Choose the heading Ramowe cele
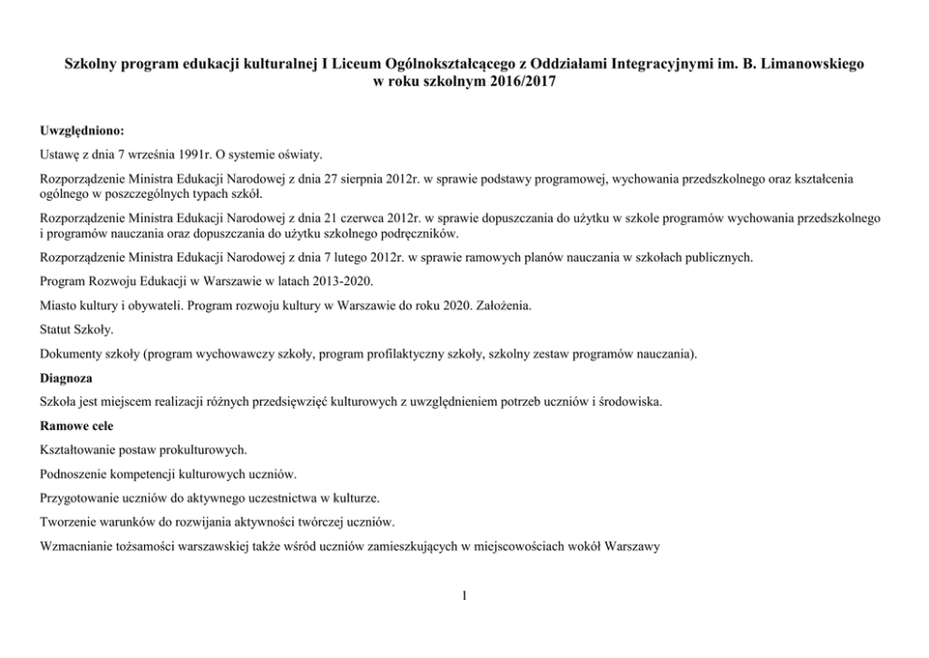click(78, 426)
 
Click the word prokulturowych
click(201, 449)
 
